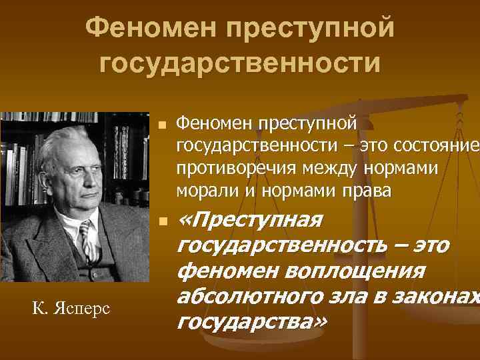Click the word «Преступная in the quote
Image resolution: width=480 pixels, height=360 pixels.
[249, 220]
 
